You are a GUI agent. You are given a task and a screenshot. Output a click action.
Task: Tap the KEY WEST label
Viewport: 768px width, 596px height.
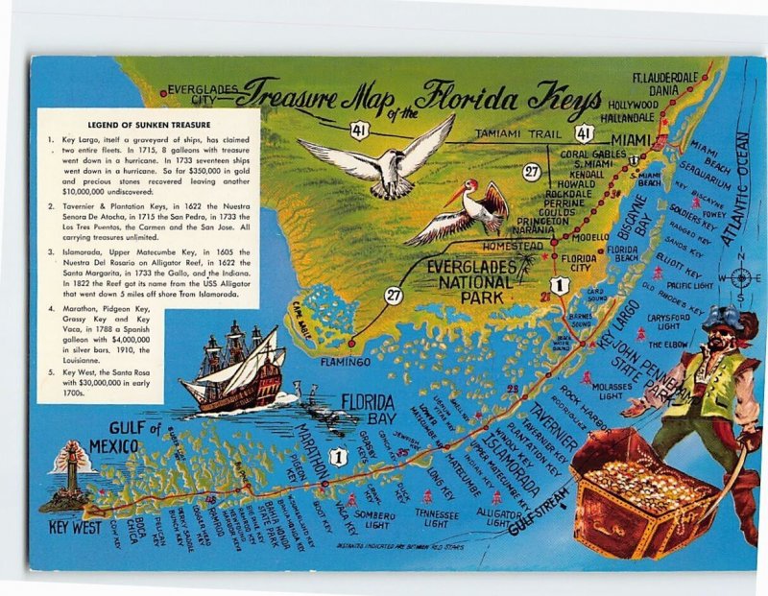pyautogui.click(x=74, y=528)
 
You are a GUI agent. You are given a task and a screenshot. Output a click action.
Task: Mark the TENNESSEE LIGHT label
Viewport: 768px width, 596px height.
pyautogui.click(x=436, y=518)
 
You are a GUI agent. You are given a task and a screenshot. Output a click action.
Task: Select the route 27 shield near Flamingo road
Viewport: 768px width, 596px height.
pyautogui.click(x=394, y=295)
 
